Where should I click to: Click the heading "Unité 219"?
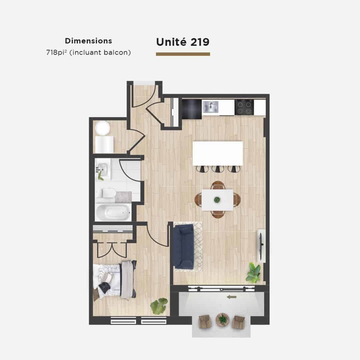(183, 42)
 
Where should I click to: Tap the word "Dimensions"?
(88, 41)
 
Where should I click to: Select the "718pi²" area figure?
(56, 53)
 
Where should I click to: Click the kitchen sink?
(211, 107)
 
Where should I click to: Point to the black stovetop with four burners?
(244, 107)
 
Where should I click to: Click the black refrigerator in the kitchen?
(192, 109)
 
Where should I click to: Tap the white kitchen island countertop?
(218, 153)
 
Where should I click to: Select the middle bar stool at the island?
(218, 169)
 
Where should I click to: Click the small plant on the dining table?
(217, 200)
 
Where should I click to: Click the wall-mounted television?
(261, 245)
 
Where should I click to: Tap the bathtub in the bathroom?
(113, 212)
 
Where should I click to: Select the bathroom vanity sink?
(103, 169)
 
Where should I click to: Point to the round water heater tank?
(103, 128)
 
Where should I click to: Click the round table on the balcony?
(222, 319)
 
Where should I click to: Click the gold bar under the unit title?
(183, 54)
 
